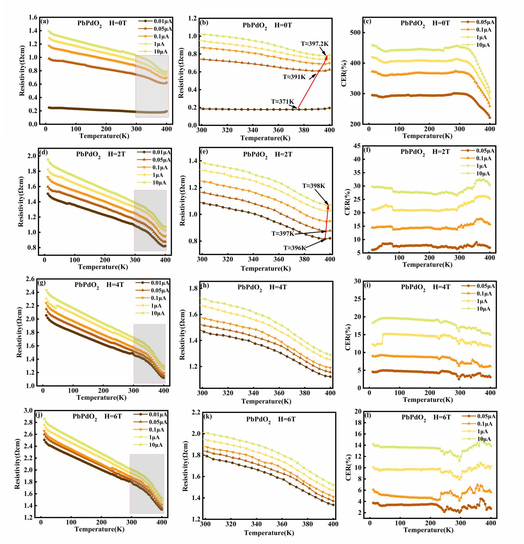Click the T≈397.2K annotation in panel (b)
[314, 44]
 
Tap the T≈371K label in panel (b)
[282, 102]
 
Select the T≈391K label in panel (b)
[294, 77]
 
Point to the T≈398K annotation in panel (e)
[313, 186]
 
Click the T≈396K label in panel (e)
[294, 248]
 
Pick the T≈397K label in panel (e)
[282, 234]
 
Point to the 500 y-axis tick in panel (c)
[356, 32]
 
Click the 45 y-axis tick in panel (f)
[357, 146]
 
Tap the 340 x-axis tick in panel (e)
[253, 260]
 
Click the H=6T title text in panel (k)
[286, 419]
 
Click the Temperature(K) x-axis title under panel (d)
[103, 267]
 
